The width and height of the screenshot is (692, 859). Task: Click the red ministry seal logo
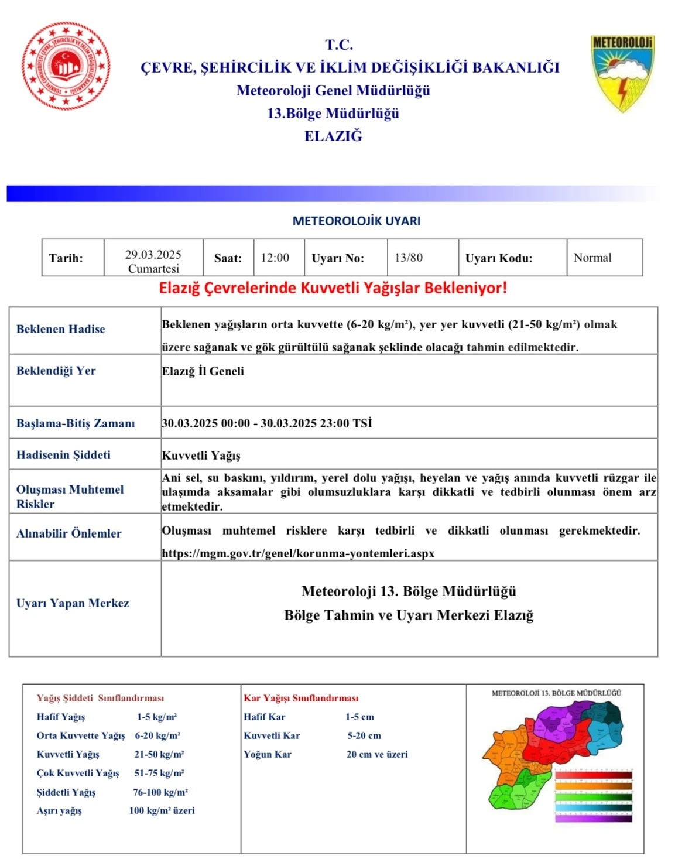(66, 66)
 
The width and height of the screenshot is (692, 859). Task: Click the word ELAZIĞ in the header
(333, 136)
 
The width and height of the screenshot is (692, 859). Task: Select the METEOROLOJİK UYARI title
(356, 221)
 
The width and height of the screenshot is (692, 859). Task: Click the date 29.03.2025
(153, 255)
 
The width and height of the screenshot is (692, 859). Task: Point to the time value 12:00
(275, 258)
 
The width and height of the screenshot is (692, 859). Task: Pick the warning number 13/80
(409, 258)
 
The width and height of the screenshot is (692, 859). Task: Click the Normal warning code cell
(592, 258)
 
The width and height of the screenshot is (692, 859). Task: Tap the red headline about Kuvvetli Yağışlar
(333, 288)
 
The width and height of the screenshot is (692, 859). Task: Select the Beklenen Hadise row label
(61, 329)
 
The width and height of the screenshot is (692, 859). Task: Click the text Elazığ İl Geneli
(203, 371)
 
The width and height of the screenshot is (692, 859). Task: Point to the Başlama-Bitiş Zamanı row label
(76, 423)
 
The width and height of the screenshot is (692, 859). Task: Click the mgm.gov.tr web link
(298, 553)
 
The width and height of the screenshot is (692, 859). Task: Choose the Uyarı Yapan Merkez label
(73, 603)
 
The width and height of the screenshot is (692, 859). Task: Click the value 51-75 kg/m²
(159, 773)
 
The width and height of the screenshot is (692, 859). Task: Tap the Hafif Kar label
(265, 717)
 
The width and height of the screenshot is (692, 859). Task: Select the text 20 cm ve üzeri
(377, 754)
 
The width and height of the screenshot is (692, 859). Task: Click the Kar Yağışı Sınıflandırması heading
(301, 698)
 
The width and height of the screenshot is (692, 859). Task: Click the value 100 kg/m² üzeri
(162, 810)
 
